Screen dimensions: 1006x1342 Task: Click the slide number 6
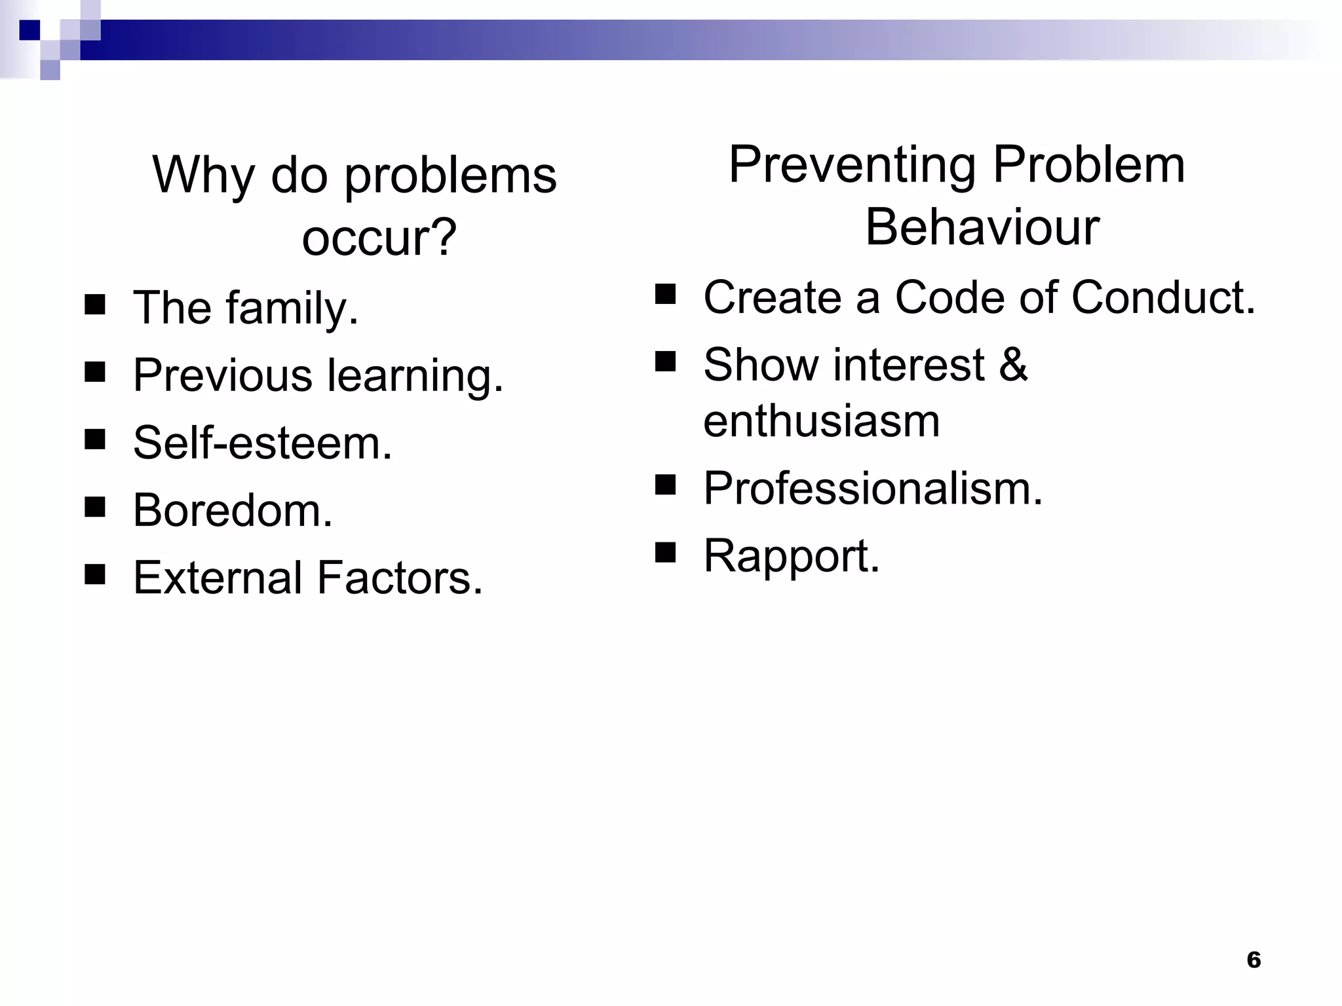(x=1254, y=959)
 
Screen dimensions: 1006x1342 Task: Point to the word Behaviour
(x=982, y=227)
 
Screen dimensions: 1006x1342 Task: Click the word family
(x=292, y=308)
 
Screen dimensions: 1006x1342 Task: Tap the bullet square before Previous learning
(x=96, y=371)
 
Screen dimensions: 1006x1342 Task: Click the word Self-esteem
(x=262, y=443)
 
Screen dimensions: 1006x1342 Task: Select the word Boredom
(x=233, y=511)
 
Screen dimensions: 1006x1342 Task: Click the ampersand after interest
(x=1013, y=365)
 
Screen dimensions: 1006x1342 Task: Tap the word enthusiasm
(x=821, y=421)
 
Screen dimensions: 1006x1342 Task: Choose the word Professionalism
(x=872, y=489)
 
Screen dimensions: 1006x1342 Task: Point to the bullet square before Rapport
(x=665, y=553)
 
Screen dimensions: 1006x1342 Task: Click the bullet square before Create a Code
(x=665, y=294)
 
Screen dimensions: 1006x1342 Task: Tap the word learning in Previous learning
(x=415, y=376)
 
